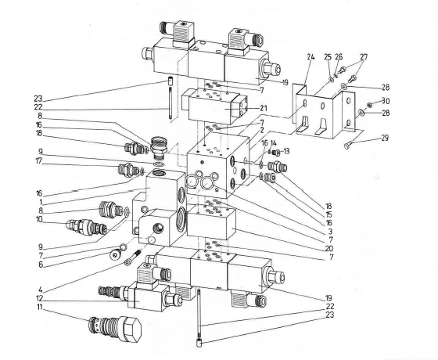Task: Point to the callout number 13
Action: tap(285, 152)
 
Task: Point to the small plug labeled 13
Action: tap(275, 153)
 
